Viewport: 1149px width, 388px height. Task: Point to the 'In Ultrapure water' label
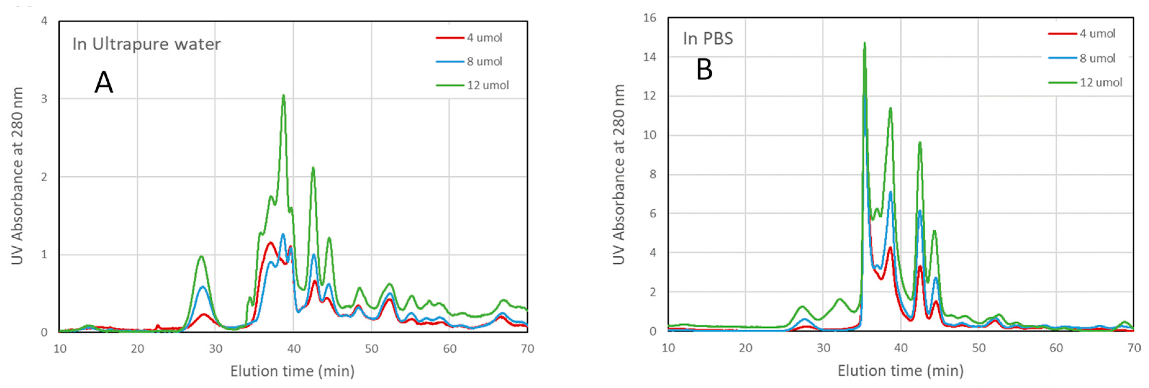click(147, 44)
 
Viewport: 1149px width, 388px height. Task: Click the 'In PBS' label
click(708, 39)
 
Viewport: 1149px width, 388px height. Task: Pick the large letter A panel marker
click(104, 83)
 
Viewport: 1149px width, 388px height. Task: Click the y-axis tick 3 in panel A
click(44, 99)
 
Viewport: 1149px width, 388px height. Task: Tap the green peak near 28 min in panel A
click(201, 256)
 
